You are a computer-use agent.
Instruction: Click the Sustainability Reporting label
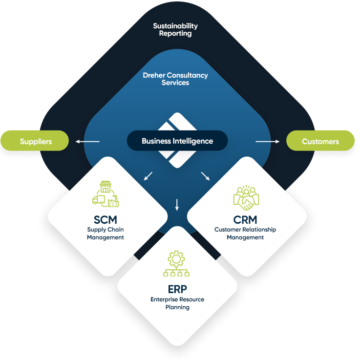tap(175, 30)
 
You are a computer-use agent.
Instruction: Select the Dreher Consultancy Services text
tap(175, 79)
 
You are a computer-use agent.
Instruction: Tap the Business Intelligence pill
tap(177, 141)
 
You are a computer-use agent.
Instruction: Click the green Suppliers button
tap(35, 141)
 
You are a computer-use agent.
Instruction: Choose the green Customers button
tap(320, 141)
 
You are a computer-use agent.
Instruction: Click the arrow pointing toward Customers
tap(267, 142)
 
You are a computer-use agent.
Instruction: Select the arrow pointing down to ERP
tap(177, 204)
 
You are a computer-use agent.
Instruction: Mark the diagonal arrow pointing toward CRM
tap(205, 176)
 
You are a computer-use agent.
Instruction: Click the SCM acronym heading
tap(106, 219)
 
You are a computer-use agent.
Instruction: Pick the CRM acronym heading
tap(245, 219)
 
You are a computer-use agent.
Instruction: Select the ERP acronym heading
tap(177, 289)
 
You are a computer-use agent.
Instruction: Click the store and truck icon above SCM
tap(106, 194)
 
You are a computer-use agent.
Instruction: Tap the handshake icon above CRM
tap(246, 196)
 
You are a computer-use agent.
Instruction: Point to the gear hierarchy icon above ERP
tap(177, 264)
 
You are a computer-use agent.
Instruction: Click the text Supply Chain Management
tap(106, 233)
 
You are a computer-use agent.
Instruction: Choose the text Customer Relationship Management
tap(245, 233)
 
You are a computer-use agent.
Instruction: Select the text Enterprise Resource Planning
tap(177, 303)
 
